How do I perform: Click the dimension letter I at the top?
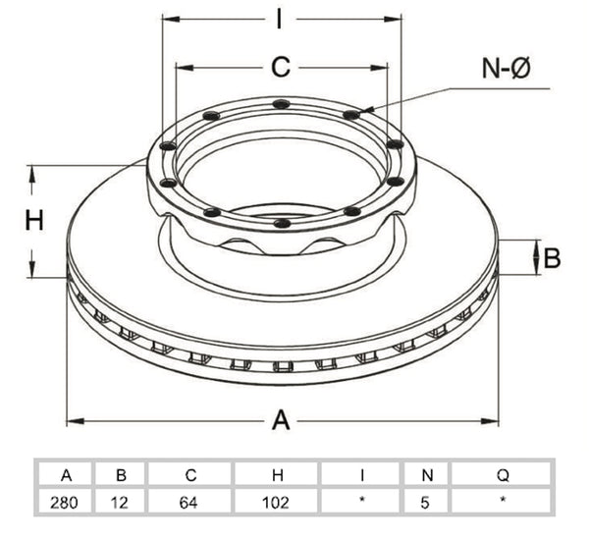pyautogui.click(x=279, y=19)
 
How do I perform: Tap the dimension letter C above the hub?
pyautogui.click(x=281, y=68)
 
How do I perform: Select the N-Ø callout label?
pyautogui.click(x=506, y=69)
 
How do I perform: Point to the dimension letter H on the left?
pyautogui.click(x=34, y=220)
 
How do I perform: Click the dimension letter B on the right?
pyautogui.click(x=552, y=258)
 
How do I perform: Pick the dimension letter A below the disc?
pyautogui.click(x=281, y=420)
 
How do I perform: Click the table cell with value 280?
pyautogui.click(x=64, y=503)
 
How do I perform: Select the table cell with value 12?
pyautogui.click(x=120, y=503)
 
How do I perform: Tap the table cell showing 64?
pyautogui.click(x=188, y=503)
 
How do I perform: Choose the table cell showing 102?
pyautogui.click(x=276, y=503)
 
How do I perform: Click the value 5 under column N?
pyautogui.click(x=425, y=503)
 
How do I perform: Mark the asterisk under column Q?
pyautogui.click(x=503, y=500)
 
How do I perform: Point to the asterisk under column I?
pyautogui.click(x=362, y=500)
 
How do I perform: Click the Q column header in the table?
pyautogui.click(x=503, y=476)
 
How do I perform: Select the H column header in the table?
pyautogui.click(x=278, y=475)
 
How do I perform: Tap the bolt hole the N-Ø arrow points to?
pyautogui.click(x=351, y=114)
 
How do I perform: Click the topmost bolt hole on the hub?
pyautogui.click(x=282, y=104)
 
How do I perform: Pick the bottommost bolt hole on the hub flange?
pyautogui.click(x=282, y=224)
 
